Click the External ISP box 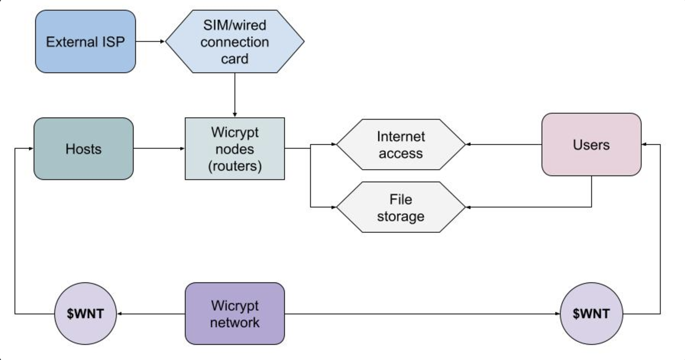click(x=85, y=42)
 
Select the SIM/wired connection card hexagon click(x=235, y=42)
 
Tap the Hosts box click(x=83, y=149)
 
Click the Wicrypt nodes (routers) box click(x=235, y=149)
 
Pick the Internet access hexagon click(x=401, y=145)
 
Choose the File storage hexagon click(x=401, y=208)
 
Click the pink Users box click(x=591, y=144)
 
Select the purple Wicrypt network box click(x=235, y=314)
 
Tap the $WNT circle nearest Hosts click(x=85, y=314)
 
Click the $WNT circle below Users click(x=591, y=314)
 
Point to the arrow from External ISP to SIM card click(x=150, y=42)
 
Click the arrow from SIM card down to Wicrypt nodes click(x=235, y=95)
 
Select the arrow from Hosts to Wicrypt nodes click(x=159, y=148)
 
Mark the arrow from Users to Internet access click(x=503, y=144)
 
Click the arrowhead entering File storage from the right click(x=468, y=207)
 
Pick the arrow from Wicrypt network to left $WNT click(x=151, y=314)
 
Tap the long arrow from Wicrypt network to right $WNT click(x=422, y=314)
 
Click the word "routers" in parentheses click(x=235, y=166)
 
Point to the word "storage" click(x=401, y=216)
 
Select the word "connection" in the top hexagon click(x=235, y=42)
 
